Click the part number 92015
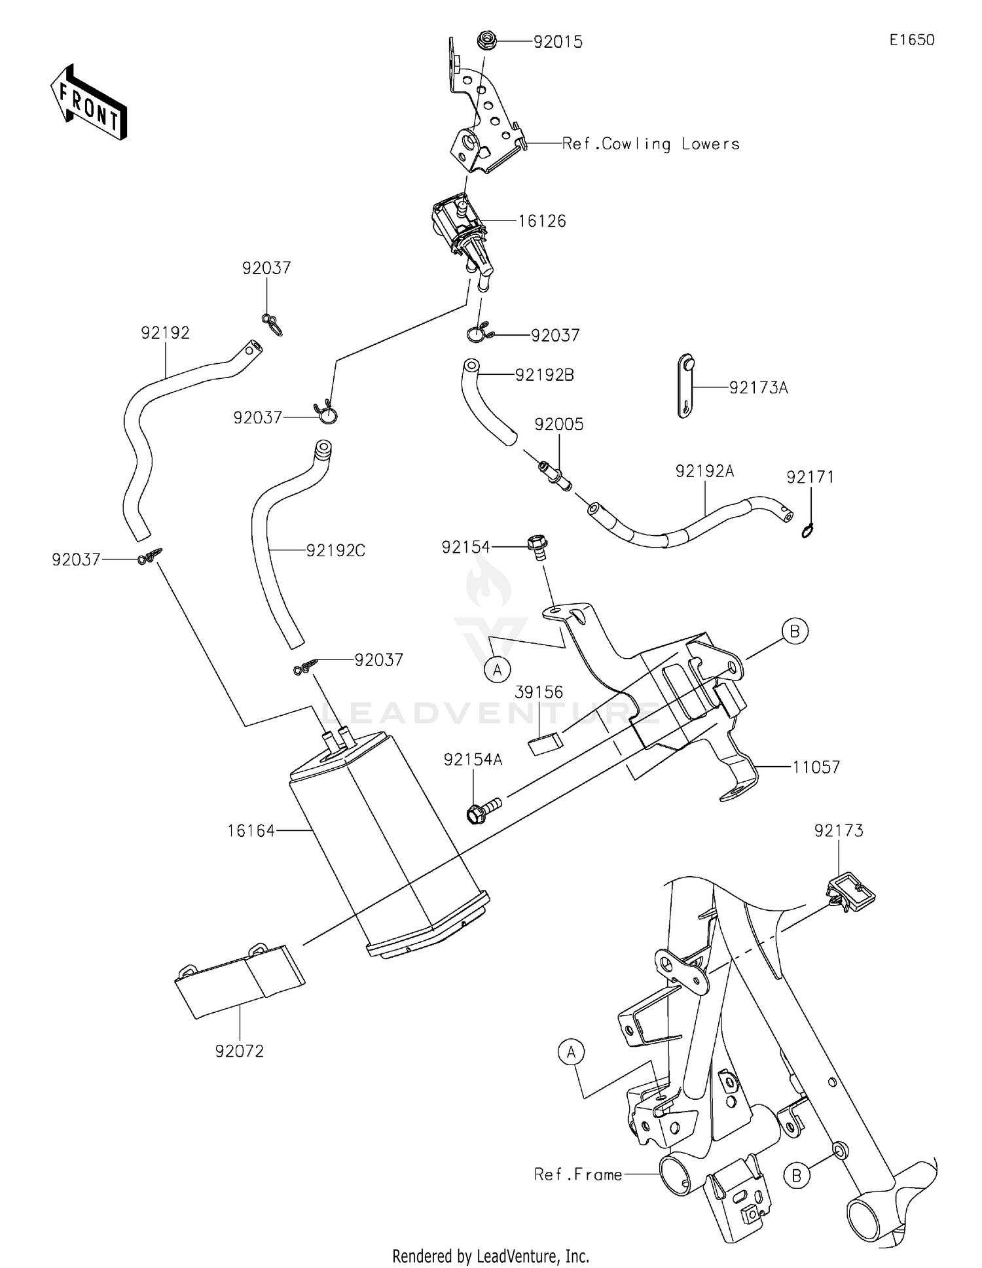click(558, 42)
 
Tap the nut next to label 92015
click(487, 41)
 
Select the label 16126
click(541, 221)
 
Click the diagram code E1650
click(911, 40)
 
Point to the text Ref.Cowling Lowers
click(651, 144)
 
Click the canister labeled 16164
click(386, 844)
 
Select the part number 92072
click(240, 1051)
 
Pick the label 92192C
click(335, 551)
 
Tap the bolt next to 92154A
click(482, 809)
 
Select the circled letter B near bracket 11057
click(795, 631)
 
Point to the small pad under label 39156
click(545, 744)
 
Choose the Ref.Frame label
click(578, 1174)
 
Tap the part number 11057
click(816, 767)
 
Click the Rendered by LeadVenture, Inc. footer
click(490, 1256)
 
